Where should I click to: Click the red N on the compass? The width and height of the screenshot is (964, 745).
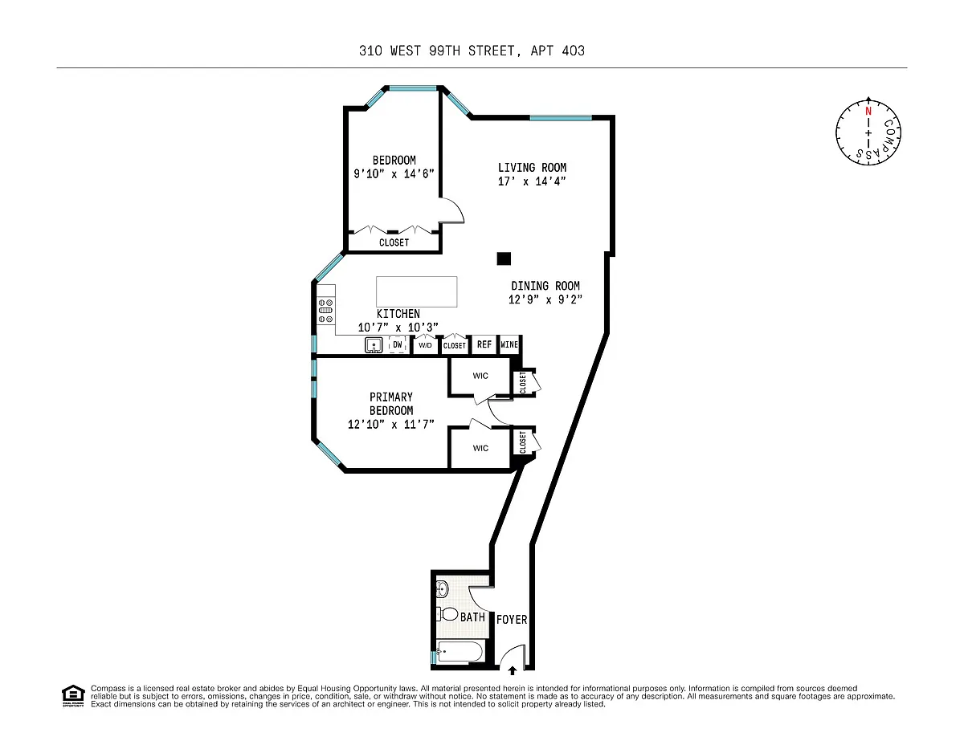[868, 112]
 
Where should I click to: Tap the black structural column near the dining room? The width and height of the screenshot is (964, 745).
[504, 259]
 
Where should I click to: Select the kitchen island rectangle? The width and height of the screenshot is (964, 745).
[416, 291]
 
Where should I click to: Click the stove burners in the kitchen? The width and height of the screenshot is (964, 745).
[325, 311]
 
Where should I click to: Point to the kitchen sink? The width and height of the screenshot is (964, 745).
[374, 345]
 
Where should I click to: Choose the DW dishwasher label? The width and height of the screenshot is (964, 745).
[398, 344]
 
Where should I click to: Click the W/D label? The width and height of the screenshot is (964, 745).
[425, 345]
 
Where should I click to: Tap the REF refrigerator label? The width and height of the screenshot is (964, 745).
[484, 344]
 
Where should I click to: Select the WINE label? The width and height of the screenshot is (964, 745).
[509, 344]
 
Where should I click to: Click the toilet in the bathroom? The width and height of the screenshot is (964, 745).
[447, 614]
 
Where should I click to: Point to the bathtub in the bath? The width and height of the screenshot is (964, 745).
[460, 652]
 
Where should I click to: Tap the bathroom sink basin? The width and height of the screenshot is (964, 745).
[443, 589]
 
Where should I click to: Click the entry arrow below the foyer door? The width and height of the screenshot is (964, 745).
[512, 670]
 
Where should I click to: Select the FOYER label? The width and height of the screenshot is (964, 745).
[512, 620]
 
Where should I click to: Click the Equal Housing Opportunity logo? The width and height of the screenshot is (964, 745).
[73, 696]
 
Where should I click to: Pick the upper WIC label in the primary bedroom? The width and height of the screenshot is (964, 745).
[480, 376]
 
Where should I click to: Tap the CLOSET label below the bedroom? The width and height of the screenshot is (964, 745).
[394, 242]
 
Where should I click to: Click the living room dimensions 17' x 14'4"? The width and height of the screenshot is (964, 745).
[532, 181]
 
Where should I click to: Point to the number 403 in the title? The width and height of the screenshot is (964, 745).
[573, 51]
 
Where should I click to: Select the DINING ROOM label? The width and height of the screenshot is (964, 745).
[545, 286]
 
